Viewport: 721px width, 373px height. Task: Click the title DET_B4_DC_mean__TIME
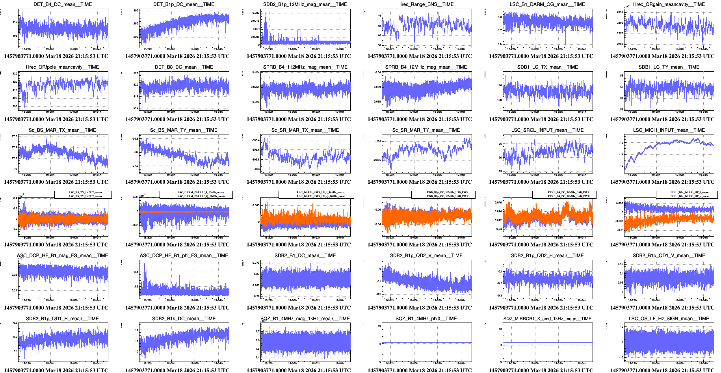[63, 4]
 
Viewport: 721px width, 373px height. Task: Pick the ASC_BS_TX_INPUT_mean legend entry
[85, 192]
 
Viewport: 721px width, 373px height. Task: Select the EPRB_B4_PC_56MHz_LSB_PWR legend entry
[569, 192]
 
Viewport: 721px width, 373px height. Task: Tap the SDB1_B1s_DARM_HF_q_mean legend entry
[689, 196]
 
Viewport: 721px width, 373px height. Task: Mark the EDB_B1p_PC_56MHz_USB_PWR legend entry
[448, 196]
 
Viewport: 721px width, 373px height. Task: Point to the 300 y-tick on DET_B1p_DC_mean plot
[136, 11]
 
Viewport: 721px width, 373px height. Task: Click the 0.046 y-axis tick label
[498, 202]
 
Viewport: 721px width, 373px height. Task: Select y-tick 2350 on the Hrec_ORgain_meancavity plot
[620, 12]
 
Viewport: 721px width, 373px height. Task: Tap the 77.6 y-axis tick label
[15, 136]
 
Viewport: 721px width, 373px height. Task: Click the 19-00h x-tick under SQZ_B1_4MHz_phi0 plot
[413, 363]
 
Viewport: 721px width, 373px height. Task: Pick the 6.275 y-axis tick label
[256, 263]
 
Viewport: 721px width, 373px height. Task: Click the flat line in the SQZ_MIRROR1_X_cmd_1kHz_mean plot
[548, 343]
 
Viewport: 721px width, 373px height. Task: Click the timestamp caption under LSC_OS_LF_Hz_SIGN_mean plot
[662, 370]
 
